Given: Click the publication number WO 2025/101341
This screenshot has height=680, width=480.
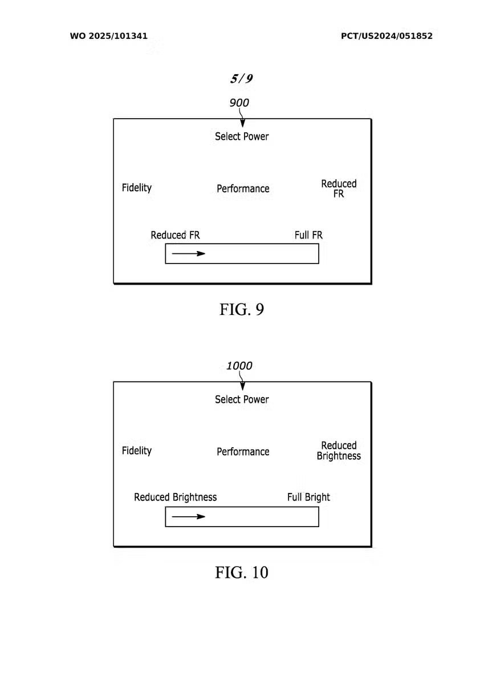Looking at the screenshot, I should tap(109, 36).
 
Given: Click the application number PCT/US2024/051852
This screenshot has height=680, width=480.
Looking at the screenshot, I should tap(387, 36).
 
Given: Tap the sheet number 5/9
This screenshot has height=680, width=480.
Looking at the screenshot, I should tap(242, 79).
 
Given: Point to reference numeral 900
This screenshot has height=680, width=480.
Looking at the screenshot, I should tap(239, 103).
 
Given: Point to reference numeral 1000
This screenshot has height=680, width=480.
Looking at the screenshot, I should tap(239, 366).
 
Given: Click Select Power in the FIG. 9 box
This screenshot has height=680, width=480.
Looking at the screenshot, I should tap(242, 137).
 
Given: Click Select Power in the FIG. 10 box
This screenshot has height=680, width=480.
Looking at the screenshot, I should tap(242, 400).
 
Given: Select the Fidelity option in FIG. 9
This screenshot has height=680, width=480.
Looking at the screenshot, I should tap(137, 188).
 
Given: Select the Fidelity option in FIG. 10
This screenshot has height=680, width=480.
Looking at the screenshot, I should tap(137, 451).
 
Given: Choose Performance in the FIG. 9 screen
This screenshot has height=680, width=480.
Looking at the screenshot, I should tap(243, 189).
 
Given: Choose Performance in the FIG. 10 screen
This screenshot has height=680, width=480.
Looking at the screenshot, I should tap(243, 452).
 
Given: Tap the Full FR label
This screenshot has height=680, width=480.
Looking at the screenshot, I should tap(308, 235).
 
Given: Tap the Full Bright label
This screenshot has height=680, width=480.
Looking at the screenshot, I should tap(308, 497).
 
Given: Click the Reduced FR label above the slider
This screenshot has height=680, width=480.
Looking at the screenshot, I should tap(175, 235).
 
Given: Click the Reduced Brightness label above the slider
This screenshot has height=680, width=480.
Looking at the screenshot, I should tap(175, 497).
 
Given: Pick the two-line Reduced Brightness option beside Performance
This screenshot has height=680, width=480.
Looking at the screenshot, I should tap(339, 451).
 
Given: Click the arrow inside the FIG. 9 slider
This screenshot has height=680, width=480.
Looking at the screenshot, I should tap(189, 253).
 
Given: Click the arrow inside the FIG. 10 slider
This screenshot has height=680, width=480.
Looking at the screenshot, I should tap(189, 516).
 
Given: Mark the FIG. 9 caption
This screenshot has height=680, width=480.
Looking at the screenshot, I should tap(242, 309).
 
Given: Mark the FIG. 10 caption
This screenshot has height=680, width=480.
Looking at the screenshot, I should tap(242, 572).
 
